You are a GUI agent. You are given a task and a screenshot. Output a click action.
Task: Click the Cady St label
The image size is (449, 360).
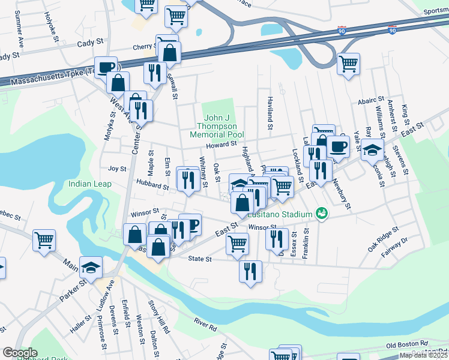click(x=91, y=44)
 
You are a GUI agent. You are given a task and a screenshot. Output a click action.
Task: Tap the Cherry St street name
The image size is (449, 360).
click(x=145, y=47)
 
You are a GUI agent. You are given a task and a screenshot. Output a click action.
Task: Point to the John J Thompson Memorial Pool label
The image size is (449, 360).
click(x=216, y=126)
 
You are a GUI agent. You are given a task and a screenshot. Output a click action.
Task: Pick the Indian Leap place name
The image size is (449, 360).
click(x=89, y=184)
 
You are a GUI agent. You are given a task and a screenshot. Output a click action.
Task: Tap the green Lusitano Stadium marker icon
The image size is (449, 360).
click(x=322, y=214)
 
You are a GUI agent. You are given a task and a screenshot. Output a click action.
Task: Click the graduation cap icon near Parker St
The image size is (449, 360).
click(x=91, y=267)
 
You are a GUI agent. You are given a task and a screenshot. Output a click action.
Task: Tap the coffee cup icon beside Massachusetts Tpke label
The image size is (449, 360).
click(x=106, y=67)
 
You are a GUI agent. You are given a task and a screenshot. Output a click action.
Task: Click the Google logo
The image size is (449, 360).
click(x=20, y=353)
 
